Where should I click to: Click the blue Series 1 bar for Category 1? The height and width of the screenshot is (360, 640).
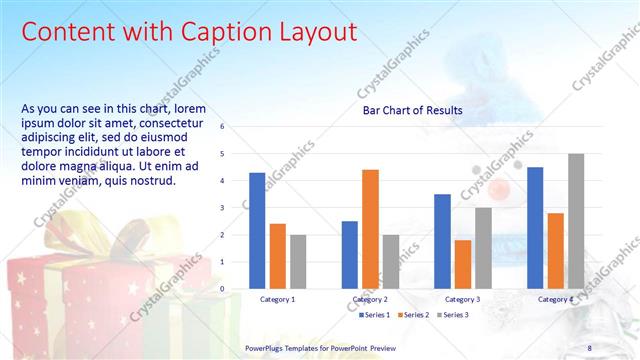[257, 231]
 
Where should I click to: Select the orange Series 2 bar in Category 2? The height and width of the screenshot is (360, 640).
[370, 229]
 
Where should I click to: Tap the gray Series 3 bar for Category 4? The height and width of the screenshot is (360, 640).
[576, 221]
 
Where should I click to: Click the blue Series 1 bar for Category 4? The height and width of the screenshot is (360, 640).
[535, 228]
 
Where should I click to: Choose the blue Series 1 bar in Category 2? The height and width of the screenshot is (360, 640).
[349, 255]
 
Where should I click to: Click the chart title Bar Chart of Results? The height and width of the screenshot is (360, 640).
[412, 111]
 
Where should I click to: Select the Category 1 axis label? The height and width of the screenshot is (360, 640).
[278, 299]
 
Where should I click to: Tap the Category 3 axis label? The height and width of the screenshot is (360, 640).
[462, 299]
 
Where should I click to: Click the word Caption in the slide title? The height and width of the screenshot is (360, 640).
[222, 32]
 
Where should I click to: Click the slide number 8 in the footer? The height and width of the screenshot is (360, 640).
[589, 347]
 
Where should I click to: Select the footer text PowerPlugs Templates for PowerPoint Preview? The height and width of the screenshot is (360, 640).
[320, 347]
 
